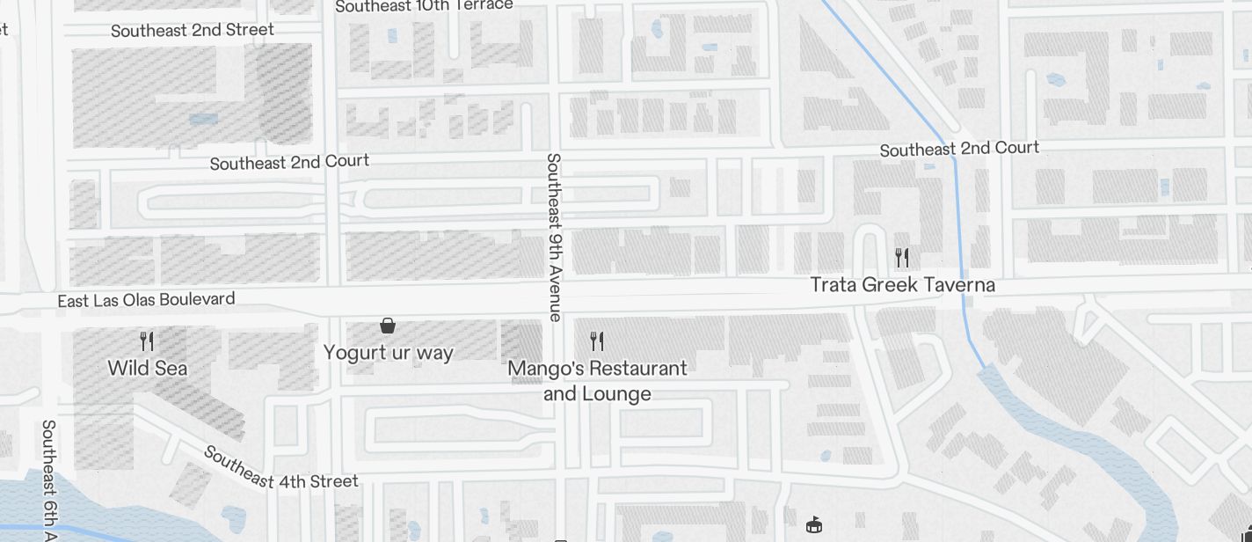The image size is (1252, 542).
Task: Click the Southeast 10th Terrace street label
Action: (x=424, y=5)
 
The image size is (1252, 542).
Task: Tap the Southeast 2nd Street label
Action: (x=193, y=31)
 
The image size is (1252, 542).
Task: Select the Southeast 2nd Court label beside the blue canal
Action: (x=959, y=149)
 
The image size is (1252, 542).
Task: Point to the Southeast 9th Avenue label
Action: (x=554, y=238)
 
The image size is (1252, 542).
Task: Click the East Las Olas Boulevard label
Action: (x=146, y=300)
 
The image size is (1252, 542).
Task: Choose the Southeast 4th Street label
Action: (x=280, y=468)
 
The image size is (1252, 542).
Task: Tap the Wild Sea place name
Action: (x=148, y=368)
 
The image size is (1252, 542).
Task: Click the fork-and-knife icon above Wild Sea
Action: (x=147, y=341)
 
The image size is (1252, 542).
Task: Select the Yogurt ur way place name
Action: (x=388, y=353)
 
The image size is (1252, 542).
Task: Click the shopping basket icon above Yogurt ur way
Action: (x=387, y=326)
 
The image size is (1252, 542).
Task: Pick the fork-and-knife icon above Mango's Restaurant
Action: (x=597, y=341)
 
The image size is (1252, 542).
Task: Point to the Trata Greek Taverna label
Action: (x=902, y=285)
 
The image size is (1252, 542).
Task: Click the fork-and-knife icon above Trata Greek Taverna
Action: (x=901, y=257)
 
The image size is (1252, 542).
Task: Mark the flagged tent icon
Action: (x=814, y=525)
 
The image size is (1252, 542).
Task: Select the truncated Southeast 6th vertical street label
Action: (x=48, y=480)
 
